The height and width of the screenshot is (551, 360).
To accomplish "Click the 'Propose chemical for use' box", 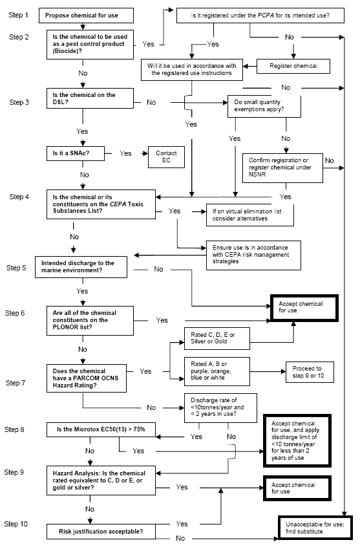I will point(87,14).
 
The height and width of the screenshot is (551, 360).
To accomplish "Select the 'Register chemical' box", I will point(295,65).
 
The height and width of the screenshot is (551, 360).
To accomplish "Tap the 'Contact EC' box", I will point(166,156).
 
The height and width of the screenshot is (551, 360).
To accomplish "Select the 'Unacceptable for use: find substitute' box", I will point(315,528).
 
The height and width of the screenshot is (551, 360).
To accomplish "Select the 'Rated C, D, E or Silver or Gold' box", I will point(217,338).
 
